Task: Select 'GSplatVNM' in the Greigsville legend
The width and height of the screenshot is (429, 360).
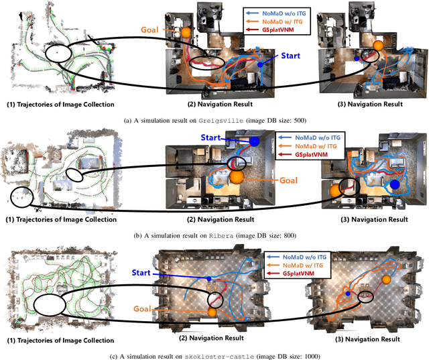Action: point(285,30)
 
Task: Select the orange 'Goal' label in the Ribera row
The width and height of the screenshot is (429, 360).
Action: point(288,179)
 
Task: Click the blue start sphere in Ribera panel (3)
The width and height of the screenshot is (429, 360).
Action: point(395,184)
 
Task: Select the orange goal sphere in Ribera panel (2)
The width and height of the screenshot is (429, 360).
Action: point(236,177)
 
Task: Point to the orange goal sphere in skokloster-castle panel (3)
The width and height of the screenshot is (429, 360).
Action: point(385,280)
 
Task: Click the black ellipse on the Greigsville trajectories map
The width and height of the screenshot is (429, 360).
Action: point(61,54)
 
